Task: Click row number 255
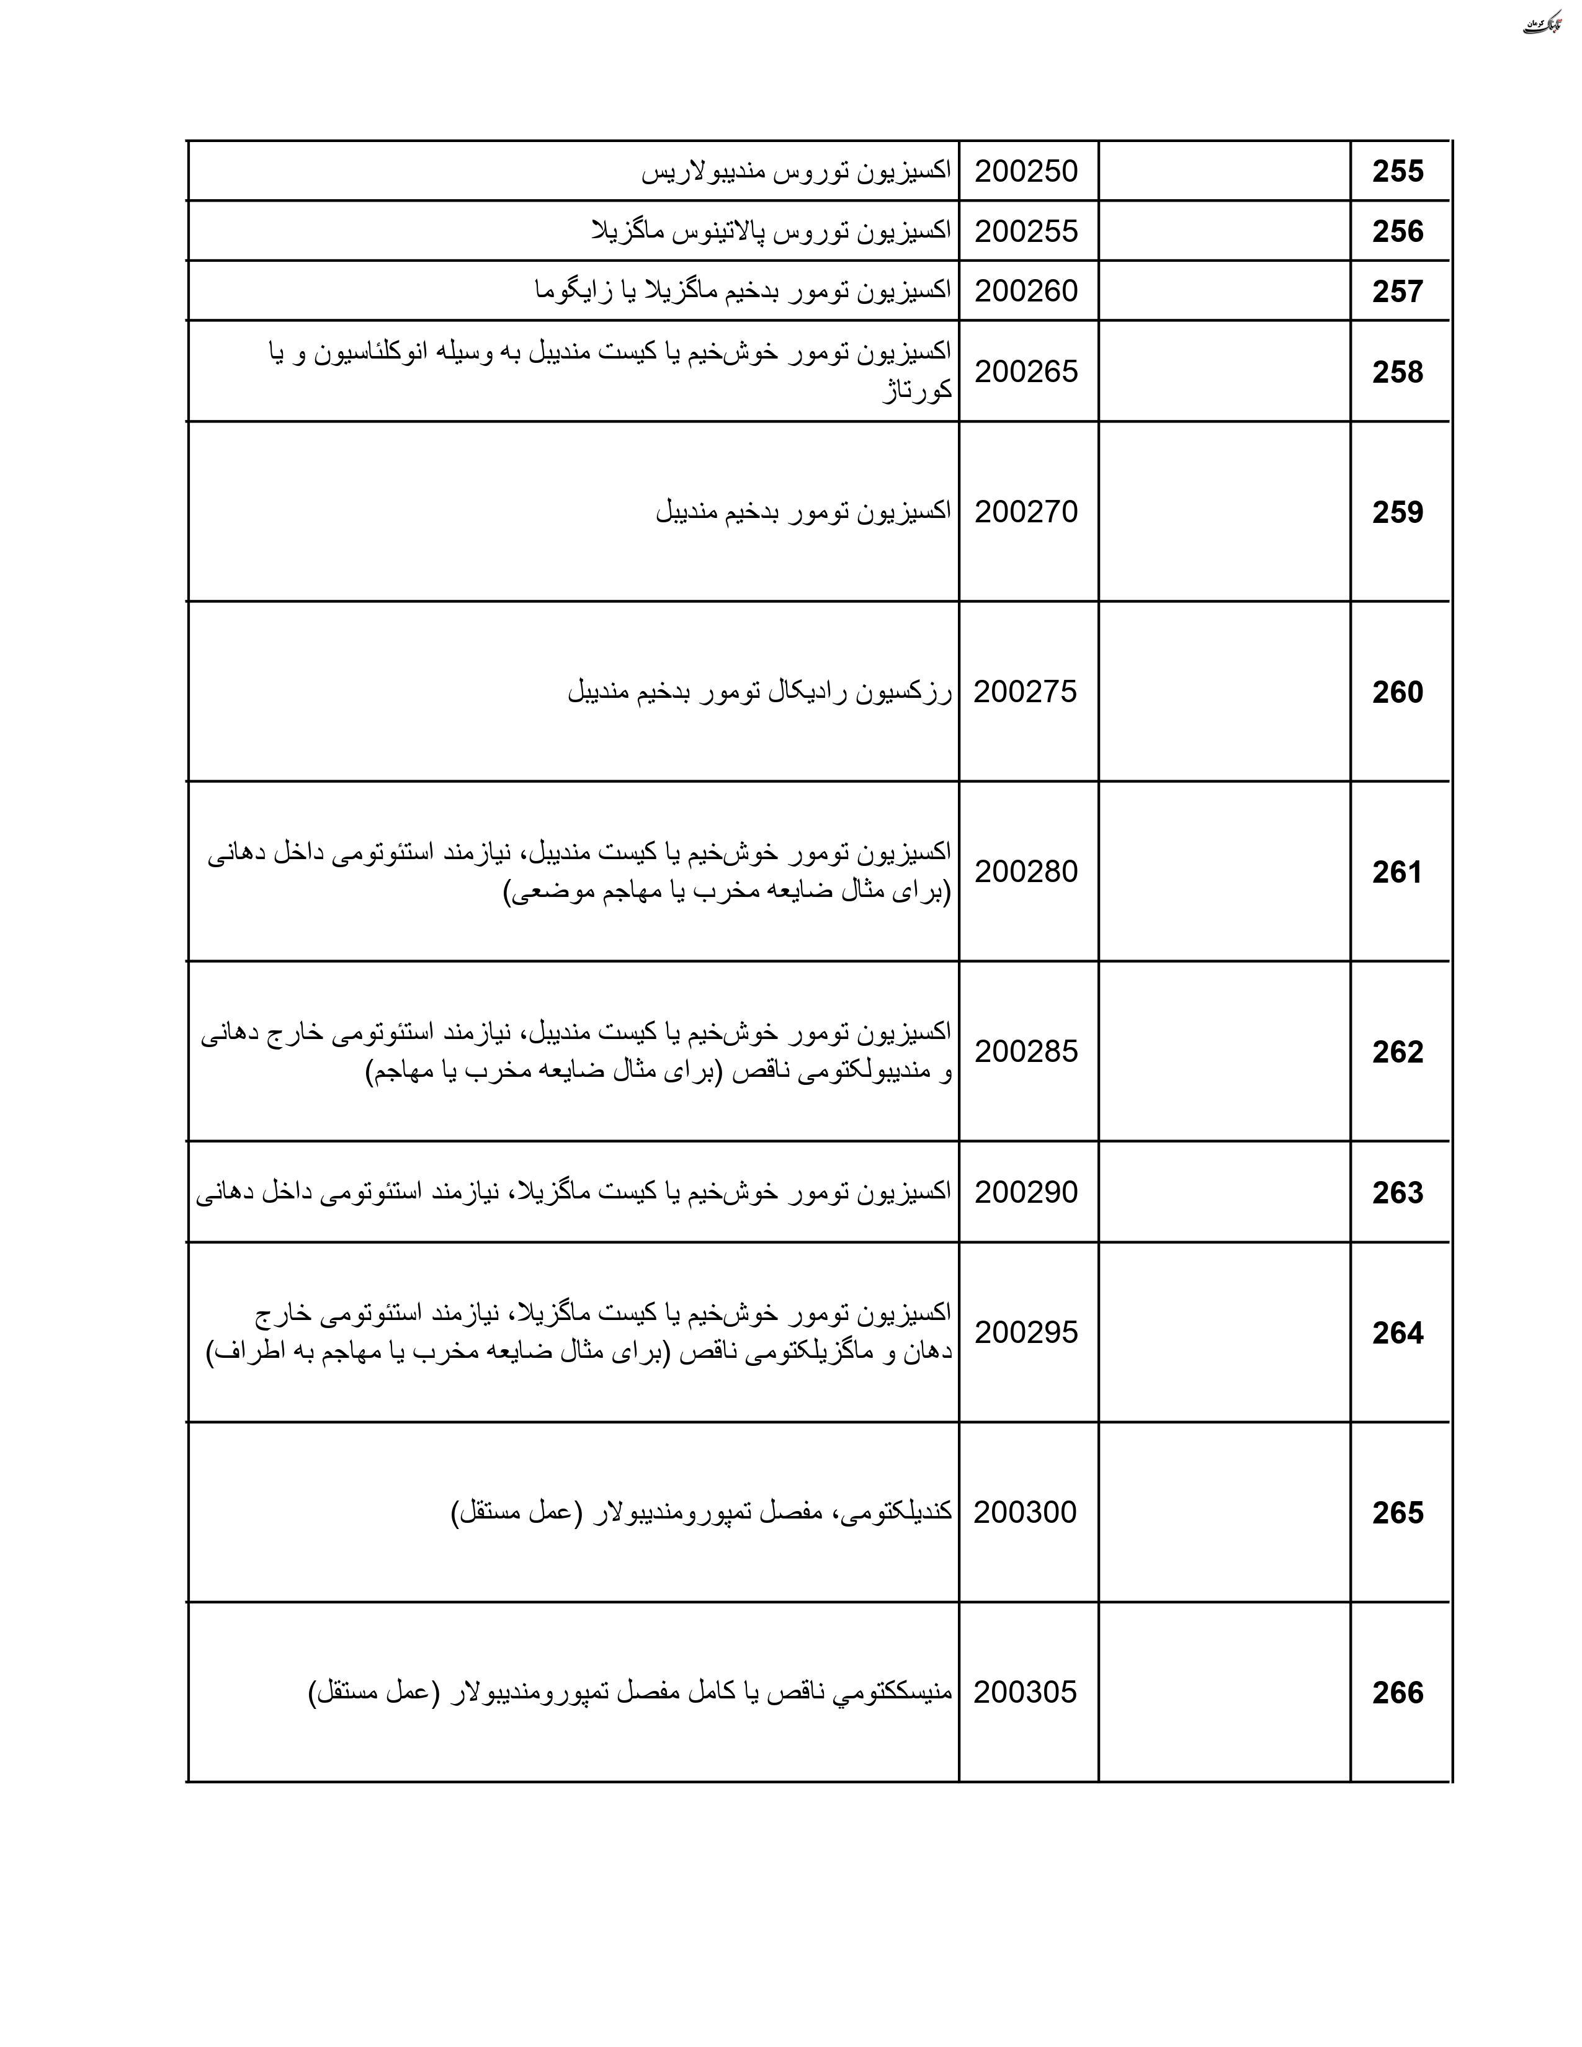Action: (1397, 172)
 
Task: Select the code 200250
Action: (1026, 172)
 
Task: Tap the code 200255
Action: (1026, 231)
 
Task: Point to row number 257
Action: (1397, 292)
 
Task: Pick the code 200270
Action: (1026, 512)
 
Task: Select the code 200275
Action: (1026, 692)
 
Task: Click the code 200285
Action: (1026, 1051)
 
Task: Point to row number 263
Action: (1397, 1193)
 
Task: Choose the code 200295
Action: (1026, 1332)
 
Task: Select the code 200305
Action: (1026, 1692)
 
